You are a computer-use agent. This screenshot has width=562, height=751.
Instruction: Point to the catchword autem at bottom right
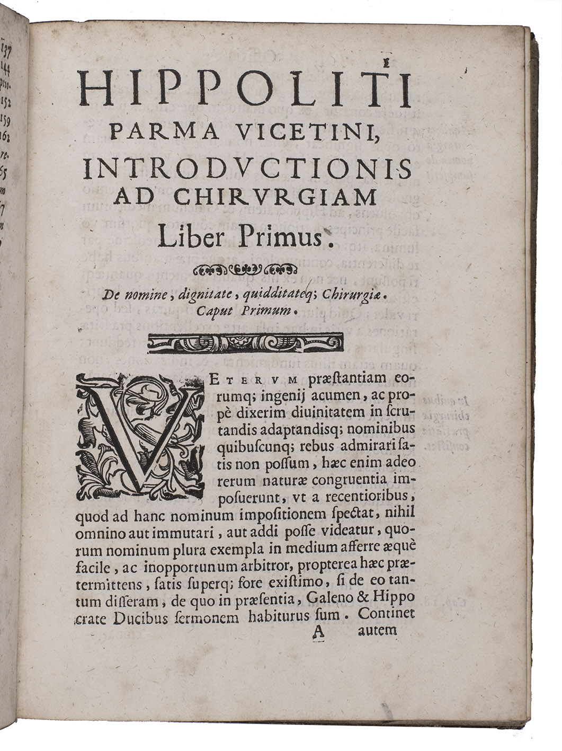(380, 631)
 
